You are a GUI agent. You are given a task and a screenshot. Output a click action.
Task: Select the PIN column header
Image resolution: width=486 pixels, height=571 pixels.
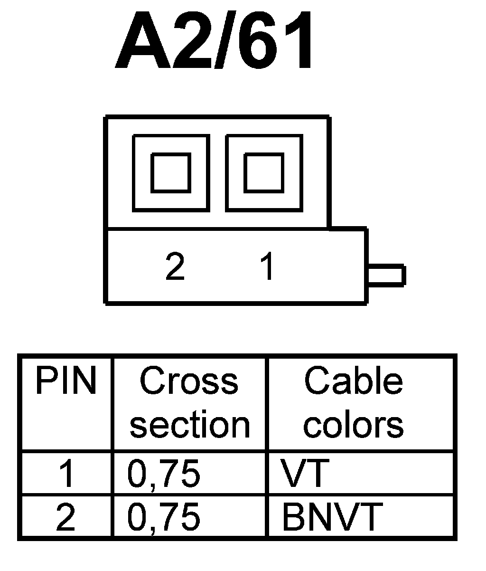[65, 381]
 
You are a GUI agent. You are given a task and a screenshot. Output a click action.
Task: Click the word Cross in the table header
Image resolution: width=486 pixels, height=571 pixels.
[189, 381]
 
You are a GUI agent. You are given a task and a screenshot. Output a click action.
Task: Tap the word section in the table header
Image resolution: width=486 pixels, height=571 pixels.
[189, 424]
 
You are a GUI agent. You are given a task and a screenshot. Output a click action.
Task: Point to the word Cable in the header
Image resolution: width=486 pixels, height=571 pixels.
[353, 381]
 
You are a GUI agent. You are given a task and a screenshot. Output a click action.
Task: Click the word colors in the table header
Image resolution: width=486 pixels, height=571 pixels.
[353, 424]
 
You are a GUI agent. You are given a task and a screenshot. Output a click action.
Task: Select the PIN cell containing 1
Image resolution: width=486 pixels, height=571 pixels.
[66, 474]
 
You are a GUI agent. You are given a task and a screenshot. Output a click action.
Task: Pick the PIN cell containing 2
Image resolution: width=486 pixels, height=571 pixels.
[66, 517]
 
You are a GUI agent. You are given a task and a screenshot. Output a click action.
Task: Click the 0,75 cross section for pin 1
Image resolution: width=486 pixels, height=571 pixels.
[164, 474]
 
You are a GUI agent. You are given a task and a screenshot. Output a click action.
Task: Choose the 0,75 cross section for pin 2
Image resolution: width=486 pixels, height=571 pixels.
[164, 517]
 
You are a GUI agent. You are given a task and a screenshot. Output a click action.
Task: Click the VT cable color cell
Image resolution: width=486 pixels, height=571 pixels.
[304, 474]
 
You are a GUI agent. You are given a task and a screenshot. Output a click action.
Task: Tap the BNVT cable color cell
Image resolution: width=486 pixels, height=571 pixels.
[332, 517]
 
